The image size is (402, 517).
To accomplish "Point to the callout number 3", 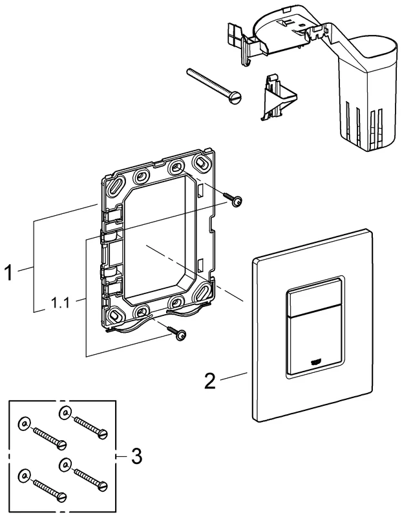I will coord(135,456).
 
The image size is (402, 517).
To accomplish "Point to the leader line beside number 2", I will coord(233,377).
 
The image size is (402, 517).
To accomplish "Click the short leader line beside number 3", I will coord(121,456).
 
